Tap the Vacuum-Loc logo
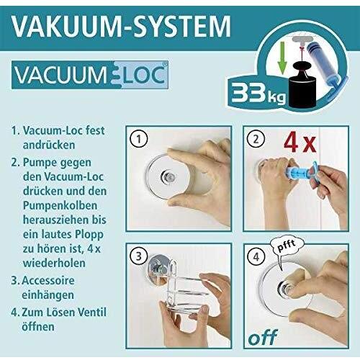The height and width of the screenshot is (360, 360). pyautogui.click(x=90, y=75)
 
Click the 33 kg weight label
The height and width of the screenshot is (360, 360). pyautogui.click(x=258, y=94)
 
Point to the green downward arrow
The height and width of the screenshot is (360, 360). pyautogui.click(x=282, y=58)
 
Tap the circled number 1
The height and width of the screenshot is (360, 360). pyautogui.click(x=139, y=139)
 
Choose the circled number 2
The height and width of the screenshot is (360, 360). pyautogui.click(x=256, y=139)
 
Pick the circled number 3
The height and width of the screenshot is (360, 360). pyautogui.click(x=139, y=256)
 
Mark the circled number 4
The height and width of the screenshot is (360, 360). pyautogui.click(x=256, y=257)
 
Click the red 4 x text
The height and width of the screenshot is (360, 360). pyautogui.click(x=300, y=143)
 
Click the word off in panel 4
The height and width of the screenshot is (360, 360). pyautogui.click(x=263, y=338)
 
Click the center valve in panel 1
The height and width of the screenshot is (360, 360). pyautogui.click(x=168, y=177)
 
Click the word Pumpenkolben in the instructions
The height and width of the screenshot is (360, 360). pyautogui.click(x=60, y=206)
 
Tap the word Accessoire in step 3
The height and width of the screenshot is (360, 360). pyautogui.click(x=48, y=281)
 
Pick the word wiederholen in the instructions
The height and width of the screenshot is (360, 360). pyautogui.click(x=54, y=263)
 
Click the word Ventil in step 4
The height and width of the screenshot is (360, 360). pyautogui.click(x=93, y=312)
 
